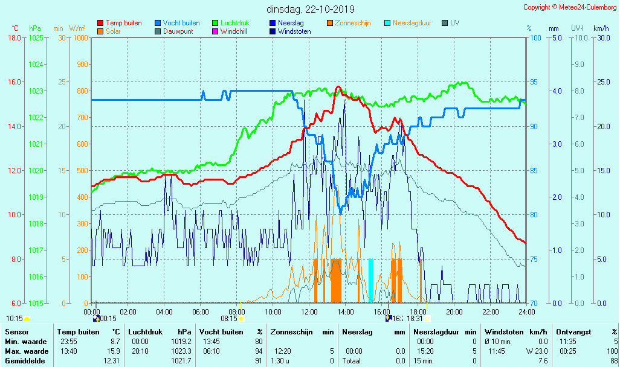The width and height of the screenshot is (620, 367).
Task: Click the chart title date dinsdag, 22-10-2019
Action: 311,10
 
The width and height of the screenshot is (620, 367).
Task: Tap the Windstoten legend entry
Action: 294,31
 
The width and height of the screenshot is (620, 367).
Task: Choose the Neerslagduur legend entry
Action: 412,23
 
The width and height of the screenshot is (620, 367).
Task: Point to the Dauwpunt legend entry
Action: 178,31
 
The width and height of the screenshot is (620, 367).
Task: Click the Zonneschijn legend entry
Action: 352,23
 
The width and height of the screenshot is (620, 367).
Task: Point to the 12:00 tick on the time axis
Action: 309,311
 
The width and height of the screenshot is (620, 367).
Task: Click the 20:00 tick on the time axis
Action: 454,311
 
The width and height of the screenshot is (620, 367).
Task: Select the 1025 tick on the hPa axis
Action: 36,38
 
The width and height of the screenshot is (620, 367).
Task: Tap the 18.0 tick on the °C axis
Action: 15,38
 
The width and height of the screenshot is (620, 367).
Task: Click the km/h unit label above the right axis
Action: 601,28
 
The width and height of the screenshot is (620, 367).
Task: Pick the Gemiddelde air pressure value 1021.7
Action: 182,360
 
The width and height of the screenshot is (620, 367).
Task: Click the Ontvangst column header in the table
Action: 573,332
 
